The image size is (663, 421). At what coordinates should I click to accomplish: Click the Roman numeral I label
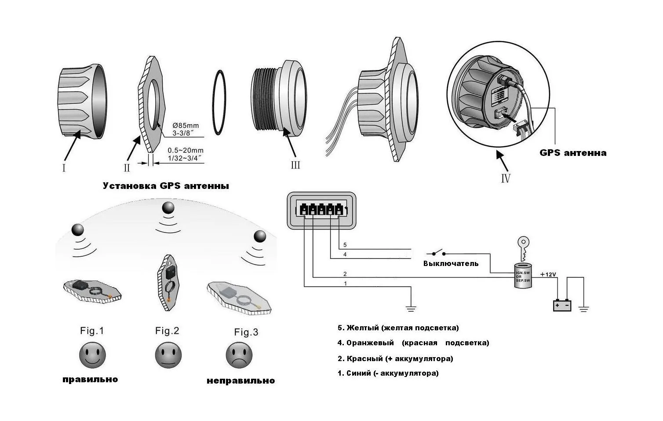click(64, 168)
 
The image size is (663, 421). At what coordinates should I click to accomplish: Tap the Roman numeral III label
click(295, 165)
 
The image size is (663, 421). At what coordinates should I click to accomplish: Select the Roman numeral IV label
click(506, 178)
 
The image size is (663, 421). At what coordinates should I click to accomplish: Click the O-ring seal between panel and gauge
click(219, 101)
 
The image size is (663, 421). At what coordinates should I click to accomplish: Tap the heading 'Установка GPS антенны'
click(166, 186)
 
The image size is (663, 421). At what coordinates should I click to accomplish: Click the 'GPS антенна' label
click(573, 153)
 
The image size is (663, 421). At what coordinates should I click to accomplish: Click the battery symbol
click(562, 305)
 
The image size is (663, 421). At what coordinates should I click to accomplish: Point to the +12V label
click(548, 274)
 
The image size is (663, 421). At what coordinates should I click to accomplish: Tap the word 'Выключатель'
click(451, 263)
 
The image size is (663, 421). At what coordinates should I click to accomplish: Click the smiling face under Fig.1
click(92, 355)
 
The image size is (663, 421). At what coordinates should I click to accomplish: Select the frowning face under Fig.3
click(239, 355)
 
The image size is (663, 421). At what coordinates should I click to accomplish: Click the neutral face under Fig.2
click(168, 355)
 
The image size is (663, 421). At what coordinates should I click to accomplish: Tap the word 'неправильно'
click(240, 380)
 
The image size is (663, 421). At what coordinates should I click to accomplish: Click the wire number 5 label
click(345, 245)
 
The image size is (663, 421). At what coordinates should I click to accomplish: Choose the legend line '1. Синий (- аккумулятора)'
click(388, 373)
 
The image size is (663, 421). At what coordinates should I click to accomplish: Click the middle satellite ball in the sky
click(168, 208)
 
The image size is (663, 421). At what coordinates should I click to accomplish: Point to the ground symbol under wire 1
click(411, 308)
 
